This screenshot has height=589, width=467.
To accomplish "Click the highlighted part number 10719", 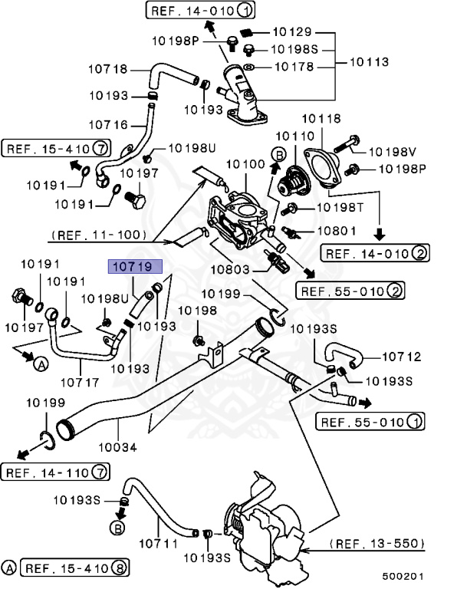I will tap(135, 267).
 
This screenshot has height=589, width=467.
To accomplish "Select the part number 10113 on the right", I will tap(370, 61).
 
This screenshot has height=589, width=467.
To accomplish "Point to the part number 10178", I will tap(294, 67).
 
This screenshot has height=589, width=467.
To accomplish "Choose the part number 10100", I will tap(244, 165).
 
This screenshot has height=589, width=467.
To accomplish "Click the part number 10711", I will tap(159, 544).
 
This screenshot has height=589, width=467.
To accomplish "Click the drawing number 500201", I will tap(402, 575).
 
